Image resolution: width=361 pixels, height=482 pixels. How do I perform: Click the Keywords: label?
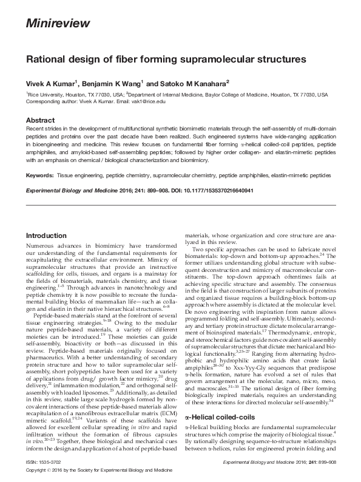point(39,174)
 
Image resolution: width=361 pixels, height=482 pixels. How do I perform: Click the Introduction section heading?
point(46,236)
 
